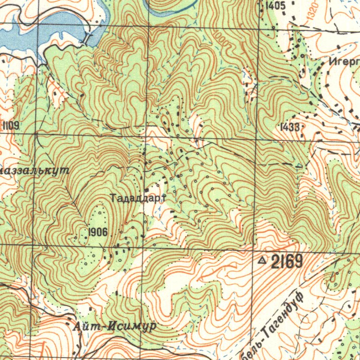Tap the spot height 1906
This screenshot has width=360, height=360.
pos(98,232)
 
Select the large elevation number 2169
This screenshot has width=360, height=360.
pos(286,262)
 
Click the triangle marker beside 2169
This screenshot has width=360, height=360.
pos(262,259)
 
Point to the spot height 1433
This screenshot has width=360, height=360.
pos(289,127)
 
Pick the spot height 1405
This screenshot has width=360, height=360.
pos(275,6)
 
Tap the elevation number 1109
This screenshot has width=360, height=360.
pos(10,125)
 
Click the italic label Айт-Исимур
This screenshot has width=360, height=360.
pos(114,326)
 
